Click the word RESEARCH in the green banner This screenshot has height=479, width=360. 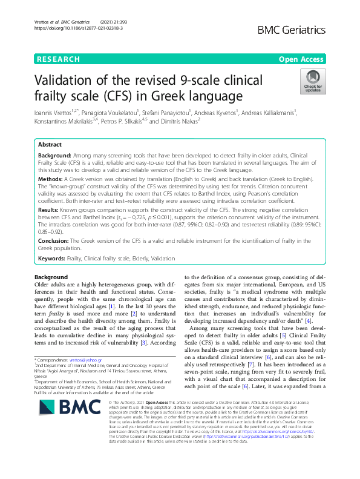pyautogui.click(x=58, y=59)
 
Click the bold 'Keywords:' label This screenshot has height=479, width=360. pyautogui.click(x=53, y=259)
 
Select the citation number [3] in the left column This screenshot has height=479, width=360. pyautogui.click(x=159, y=343)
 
